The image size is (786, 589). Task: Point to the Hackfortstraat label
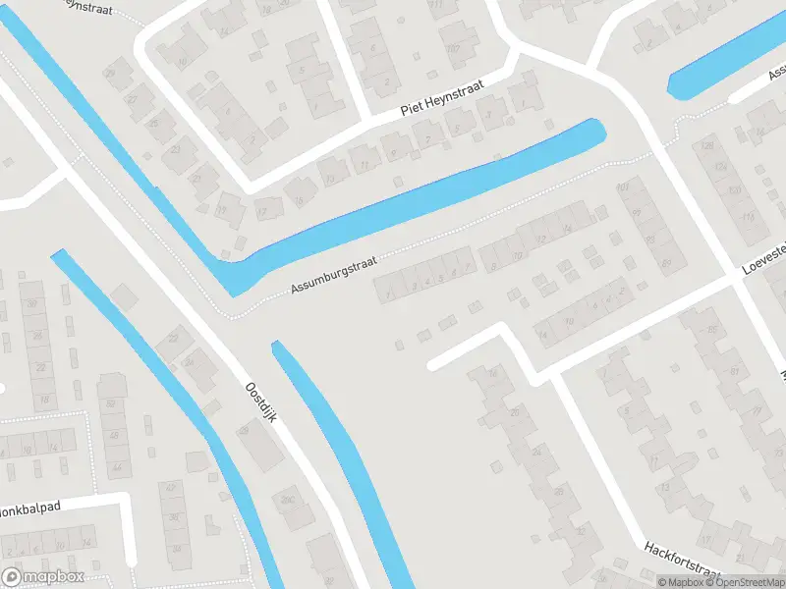(x=683, y=562)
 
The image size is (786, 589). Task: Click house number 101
(x=622, y=187)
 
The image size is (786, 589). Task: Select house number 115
(x=749, y=217)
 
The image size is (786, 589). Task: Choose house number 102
(x=453, y=48)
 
